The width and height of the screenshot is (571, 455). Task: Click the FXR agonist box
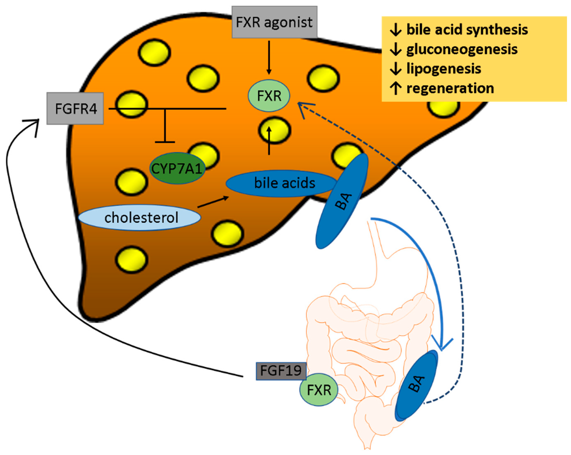point(274,22)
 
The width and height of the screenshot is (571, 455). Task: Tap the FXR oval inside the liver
point(269,96)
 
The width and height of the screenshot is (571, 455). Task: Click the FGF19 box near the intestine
point(281,371)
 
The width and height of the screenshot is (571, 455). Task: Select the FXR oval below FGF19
point(319,390)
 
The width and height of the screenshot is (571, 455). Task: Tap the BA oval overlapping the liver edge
point(342,201)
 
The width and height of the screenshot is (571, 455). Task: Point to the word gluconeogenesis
point(462,49)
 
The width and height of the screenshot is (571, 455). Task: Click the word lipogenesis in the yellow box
point(444,69)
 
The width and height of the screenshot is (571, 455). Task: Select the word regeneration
point(450,88)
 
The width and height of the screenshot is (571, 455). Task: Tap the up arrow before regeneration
point(396,88)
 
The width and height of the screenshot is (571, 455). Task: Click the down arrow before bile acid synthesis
point(396,30)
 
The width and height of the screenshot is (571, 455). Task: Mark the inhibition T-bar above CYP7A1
point(165,125)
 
